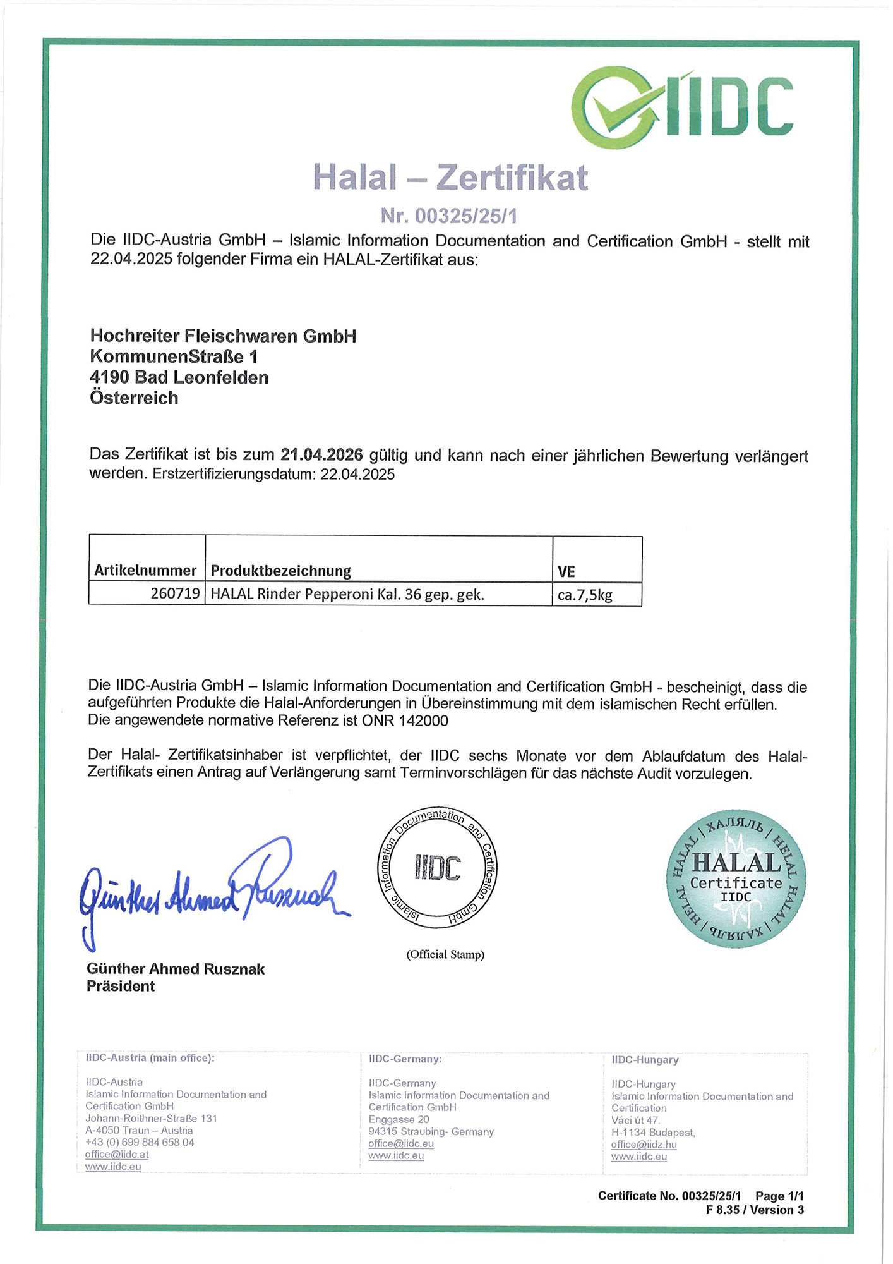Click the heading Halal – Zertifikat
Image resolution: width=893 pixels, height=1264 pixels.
(450, 177)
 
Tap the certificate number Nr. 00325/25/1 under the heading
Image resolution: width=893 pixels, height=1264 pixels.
(448, 216)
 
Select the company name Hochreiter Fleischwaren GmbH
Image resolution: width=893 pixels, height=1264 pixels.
(223, 336)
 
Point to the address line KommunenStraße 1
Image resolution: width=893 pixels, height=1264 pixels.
(174, 356)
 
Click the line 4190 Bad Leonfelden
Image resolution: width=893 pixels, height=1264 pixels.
(179, 377)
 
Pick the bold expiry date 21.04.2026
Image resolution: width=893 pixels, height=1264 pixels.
(321, 454)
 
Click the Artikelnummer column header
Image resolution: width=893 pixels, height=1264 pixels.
(145, 571)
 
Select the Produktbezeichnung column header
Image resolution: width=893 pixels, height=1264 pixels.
(280, 571)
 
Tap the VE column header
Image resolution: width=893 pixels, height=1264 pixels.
(566, 572)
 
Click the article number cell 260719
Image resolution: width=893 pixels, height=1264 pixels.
(175, 594)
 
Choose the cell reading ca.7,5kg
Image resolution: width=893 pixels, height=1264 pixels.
(585, 595)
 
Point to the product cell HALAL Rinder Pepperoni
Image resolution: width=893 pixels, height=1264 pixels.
(347, 594)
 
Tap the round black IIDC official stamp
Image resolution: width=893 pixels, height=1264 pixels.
(437, 868)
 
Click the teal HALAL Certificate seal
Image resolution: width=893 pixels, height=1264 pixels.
(736, 878)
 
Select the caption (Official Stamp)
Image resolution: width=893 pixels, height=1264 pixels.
(445, 954)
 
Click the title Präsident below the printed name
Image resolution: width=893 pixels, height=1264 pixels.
(121, 986)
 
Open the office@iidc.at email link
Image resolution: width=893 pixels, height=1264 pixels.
(117, 1154)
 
